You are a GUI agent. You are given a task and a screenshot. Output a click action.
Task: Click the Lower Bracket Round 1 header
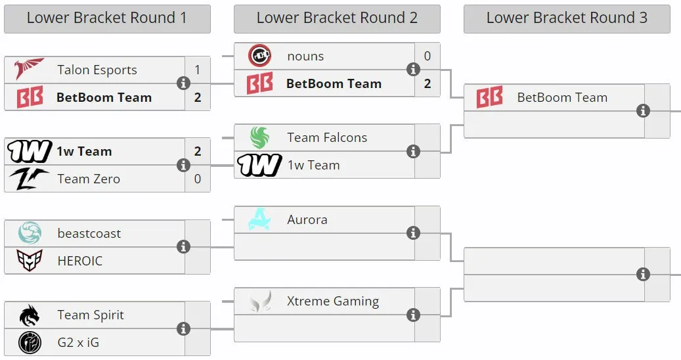coord(107,18)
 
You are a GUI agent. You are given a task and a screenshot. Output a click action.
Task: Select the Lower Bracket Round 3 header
coord(567,18)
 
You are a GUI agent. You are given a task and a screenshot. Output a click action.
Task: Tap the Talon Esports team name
coord(97,70)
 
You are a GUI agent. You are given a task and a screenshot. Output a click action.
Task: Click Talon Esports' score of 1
coord(198,70)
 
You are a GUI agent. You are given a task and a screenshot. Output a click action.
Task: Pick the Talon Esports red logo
coord(29,68)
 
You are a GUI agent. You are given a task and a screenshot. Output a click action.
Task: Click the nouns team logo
coord(259,56)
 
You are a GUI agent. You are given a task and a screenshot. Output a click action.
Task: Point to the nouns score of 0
coord(428,56)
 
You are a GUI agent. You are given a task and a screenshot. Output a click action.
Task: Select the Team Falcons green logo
coord(259,137)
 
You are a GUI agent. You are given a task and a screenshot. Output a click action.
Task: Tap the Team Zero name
coord(89,179)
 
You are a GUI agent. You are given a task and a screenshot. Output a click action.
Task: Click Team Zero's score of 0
coord(198,179)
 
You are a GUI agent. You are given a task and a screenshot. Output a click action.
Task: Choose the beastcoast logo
coord(30,233)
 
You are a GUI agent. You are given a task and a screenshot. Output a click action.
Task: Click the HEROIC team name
coord(80,261)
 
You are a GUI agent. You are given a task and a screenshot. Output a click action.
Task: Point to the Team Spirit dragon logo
coord(30,315)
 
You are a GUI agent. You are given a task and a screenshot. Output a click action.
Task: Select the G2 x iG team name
coord(78,343)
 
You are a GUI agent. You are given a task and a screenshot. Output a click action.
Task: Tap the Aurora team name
coord(307,219)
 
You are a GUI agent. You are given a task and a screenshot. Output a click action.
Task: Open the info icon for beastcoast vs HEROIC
coord(183,246)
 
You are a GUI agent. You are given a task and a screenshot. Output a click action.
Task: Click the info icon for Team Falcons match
coord(413,151)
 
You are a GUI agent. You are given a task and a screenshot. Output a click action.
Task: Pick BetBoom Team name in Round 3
coord(562,98)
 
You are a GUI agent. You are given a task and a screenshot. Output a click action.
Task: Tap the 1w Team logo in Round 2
coord(259,165)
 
